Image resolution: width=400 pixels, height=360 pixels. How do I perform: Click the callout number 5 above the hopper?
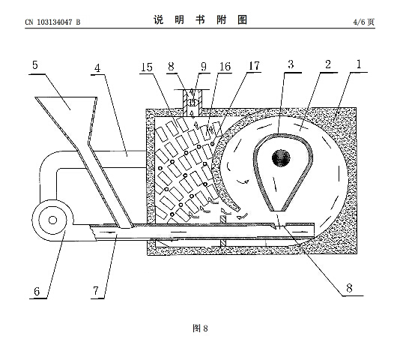tap(35, 65)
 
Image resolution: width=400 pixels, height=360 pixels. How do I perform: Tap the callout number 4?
tap(97, 68)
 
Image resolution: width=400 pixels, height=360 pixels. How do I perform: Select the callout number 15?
tap(147, 67)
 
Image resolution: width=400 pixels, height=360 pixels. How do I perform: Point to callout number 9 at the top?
tap(204, 67)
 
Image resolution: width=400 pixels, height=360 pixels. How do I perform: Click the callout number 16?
tap(225, 67)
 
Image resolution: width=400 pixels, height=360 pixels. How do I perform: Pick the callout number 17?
tap(254, 66)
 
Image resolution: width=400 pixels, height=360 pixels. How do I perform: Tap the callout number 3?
tap(291, 64)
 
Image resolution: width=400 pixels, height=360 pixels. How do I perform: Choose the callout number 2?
tap(328, 64)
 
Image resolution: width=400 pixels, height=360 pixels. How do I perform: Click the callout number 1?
tap(359, 64)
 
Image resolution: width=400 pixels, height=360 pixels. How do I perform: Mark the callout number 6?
tap(37, 292)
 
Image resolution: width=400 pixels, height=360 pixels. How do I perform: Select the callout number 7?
tap(96, 291)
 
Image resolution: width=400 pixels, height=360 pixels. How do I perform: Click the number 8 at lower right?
tap(349, 288)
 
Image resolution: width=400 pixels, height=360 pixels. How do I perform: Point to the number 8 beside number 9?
tap(172, 67)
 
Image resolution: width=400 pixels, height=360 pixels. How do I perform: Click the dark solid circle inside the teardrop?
tap(281, 158)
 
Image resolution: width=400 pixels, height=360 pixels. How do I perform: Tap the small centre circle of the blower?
tap(52, 220)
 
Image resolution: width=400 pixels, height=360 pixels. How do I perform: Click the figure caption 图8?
tap(200, 328)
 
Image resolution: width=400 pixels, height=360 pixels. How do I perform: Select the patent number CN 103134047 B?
tap(52, 22)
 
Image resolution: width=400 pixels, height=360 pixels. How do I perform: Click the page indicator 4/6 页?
tap(364, 22)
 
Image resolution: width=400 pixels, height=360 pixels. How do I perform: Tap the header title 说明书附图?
tap(200, 19)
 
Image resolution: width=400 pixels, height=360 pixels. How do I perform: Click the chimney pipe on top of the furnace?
tap(193, 102)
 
